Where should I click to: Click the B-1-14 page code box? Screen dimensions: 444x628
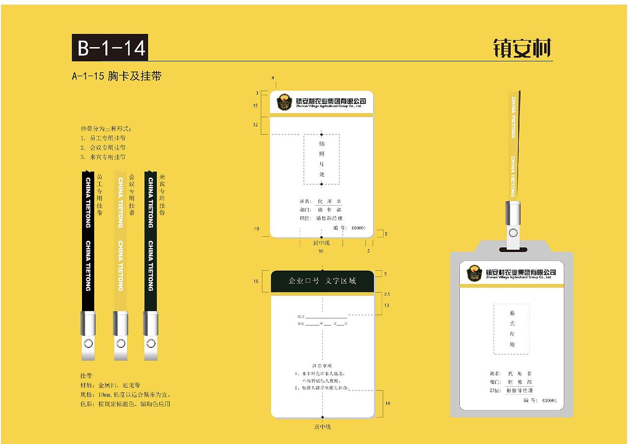click(109, 48)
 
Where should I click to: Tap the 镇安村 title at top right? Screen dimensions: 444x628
click(522, 49)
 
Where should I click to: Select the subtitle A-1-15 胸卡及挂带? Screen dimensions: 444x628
click(117, 77)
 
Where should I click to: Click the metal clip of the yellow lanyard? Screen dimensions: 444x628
click(120, 324)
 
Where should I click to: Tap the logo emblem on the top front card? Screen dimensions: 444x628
click(284, 102)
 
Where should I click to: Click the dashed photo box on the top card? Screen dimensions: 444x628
click(321, 159)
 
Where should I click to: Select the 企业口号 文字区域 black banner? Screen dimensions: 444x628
click(322, 281)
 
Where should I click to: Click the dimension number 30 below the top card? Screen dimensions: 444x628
click(321, 251)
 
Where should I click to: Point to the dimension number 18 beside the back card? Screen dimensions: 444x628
click(388, 403)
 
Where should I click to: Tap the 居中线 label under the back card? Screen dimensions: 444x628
click(322, 427)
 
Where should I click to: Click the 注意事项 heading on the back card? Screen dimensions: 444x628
click(322, 366)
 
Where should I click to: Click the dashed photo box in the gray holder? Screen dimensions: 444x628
click(512, 328)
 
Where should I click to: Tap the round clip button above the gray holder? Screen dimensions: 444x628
click(513, 233)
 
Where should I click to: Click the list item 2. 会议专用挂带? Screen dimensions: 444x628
click(103, 147)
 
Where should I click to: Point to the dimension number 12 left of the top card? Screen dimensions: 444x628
click(256, 125)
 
